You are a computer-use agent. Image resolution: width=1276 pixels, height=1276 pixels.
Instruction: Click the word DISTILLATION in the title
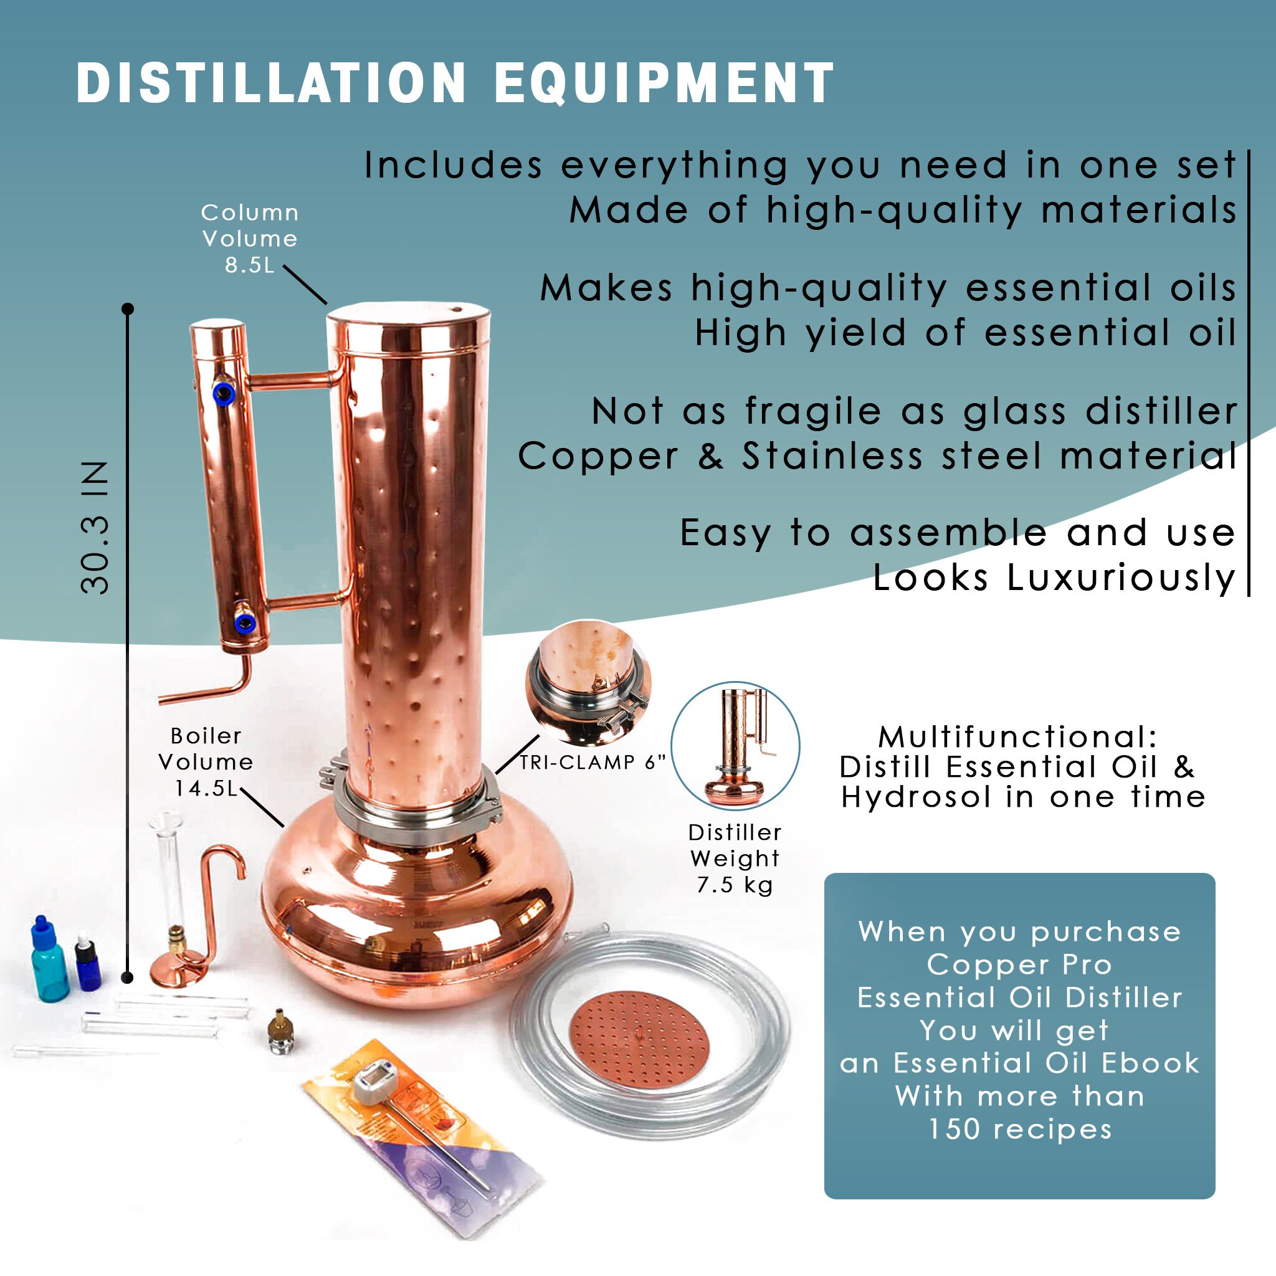(x=272, y=83)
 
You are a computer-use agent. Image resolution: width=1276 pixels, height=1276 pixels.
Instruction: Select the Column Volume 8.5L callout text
(x=250, y=239)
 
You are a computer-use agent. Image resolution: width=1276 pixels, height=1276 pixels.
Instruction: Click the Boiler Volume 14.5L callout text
(x=206, y=761)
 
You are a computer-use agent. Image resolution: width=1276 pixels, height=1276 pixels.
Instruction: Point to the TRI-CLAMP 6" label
(x=592, y=762)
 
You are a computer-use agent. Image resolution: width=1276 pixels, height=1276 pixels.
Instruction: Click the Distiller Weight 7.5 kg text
(x=735, y=858)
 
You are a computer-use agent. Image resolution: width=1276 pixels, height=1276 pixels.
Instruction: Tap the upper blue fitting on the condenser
(x=223, y=394)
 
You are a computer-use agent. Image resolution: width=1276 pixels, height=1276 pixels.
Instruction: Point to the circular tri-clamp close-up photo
(x=588, y=681)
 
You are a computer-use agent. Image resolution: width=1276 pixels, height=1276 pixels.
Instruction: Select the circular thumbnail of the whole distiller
(x=735, y=746)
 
